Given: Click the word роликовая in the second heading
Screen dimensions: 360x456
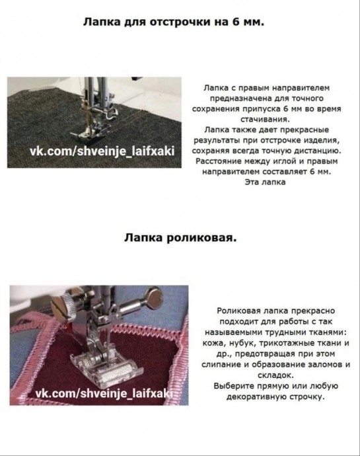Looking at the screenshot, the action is pyautogui.click(x=200, y=238).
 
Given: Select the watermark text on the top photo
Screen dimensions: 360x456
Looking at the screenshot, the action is pyautogui.click(x=102, y=151).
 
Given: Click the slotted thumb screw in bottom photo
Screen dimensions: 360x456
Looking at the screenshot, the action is pyautogui.click(x=65, y=307).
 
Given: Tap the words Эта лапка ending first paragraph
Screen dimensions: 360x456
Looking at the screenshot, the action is pyautogui.click(x=265, y=182).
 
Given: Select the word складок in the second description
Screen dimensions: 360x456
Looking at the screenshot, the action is pyautogui.click(x=275, y=375).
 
